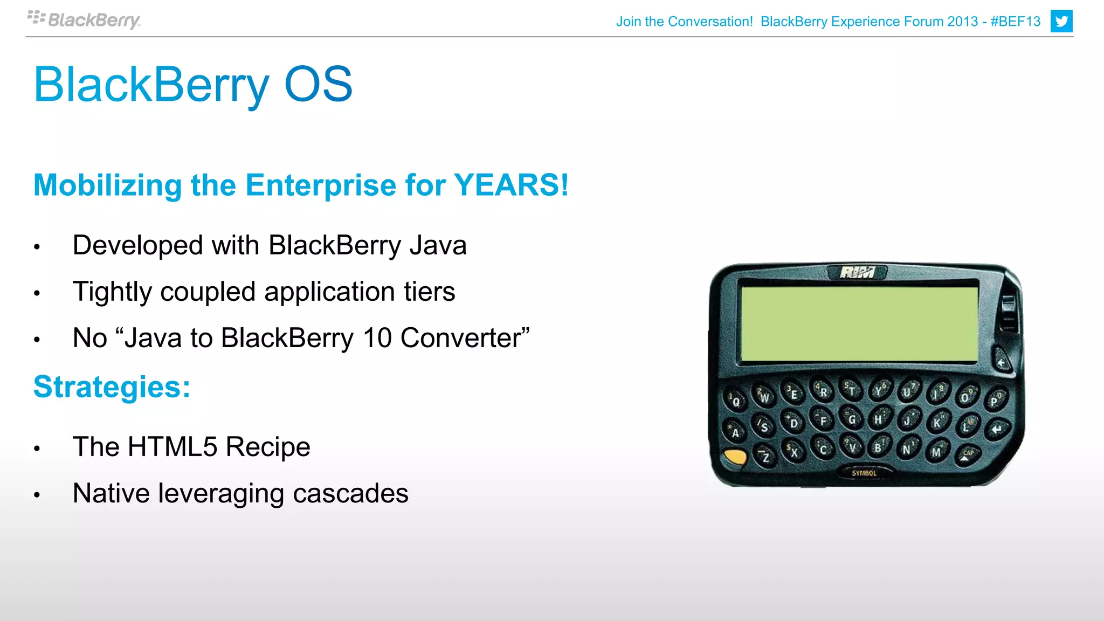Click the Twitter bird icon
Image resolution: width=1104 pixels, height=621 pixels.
(x=1061, y=22)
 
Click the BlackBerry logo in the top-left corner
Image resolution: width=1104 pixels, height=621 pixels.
(x=84, y=20)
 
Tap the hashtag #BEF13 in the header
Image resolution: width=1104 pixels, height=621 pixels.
(x=1015, y=22)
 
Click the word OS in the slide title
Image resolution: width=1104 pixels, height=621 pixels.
(x=318, y=84)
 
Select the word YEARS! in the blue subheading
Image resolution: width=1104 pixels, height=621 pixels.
(x=511, y=185)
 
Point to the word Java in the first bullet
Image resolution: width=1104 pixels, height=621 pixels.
(x=438, y=245)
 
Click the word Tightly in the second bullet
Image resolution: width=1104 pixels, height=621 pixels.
(x=112, y=292)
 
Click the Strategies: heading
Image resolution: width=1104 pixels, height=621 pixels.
(x=112, y=387)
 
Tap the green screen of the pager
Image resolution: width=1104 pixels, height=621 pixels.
(x=859, y=323)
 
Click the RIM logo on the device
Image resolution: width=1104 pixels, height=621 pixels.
(x=857, y=272)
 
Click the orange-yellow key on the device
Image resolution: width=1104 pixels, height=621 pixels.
(x=735, y=457)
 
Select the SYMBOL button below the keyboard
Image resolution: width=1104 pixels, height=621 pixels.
(x=864, y=473)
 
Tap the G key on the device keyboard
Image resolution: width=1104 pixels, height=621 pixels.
(x=852, y=419)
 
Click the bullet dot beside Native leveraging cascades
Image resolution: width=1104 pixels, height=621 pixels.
(x=37, y=494)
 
